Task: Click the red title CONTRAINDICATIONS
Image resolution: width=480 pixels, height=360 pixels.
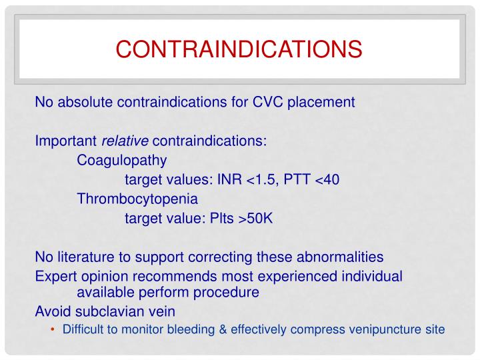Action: [x=239, y=49]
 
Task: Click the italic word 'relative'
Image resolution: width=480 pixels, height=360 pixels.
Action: [x=125, y=141]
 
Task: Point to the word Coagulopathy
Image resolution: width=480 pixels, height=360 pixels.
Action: [x=122, y=161]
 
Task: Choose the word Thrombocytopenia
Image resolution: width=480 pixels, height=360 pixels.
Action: [x=137, y=199]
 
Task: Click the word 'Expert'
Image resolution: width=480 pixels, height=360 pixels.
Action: [x=54, y=276]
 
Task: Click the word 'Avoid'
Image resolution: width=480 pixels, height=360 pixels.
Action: [x=51, y=311]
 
